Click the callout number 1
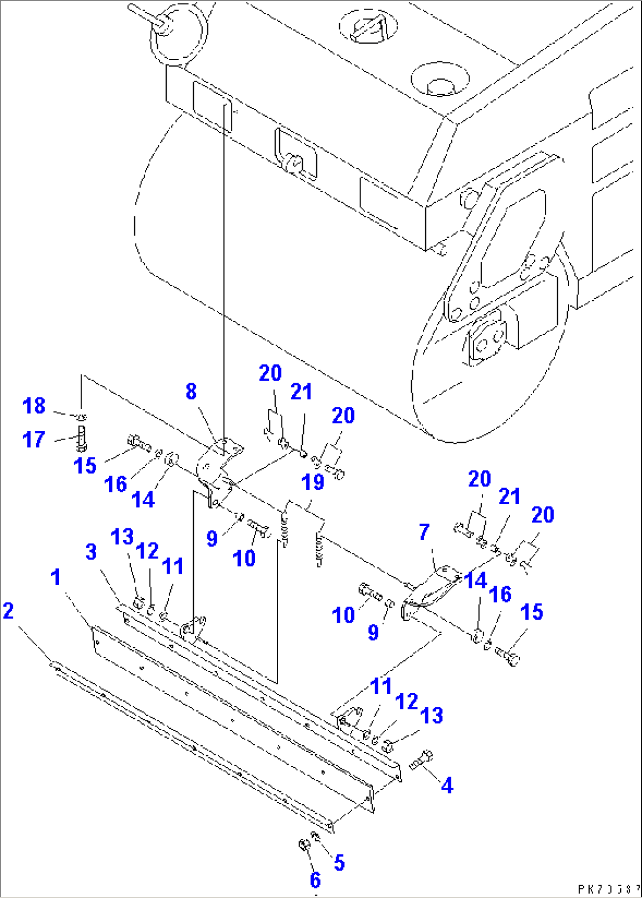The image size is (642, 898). (56, 577)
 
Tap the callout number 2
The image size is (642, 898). (8, 611)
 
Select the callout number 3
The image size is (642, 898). (91, 552)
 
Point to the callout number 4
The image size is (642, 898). (447, 785)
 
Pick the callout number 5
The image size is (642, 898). (339, 863)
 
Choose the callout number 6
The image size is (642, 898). (315, 880)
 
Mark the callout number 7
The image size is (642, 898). (424, 532)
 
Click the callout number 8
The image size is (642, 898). (191, 392)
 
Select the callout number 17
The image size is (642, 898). (34, 439)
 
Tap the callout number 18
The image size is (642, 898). (34, 406)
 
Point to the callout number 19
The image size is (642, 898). (313, 482)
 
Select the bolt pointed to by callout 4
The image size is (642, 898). (422, 760)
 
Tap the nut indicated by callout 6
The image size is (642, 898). (304, 846)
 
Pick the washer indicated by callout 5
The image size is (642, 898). (316, 837)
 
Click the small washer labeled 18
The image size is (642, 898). (82, 417)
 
